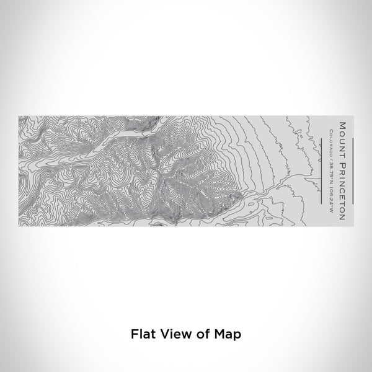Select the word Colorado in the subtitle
click(334, 136)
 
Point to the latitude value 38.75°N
click(334, 166)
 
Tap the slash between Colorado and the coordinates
click(334, 151)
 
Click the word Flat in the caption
click(139, 334)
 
